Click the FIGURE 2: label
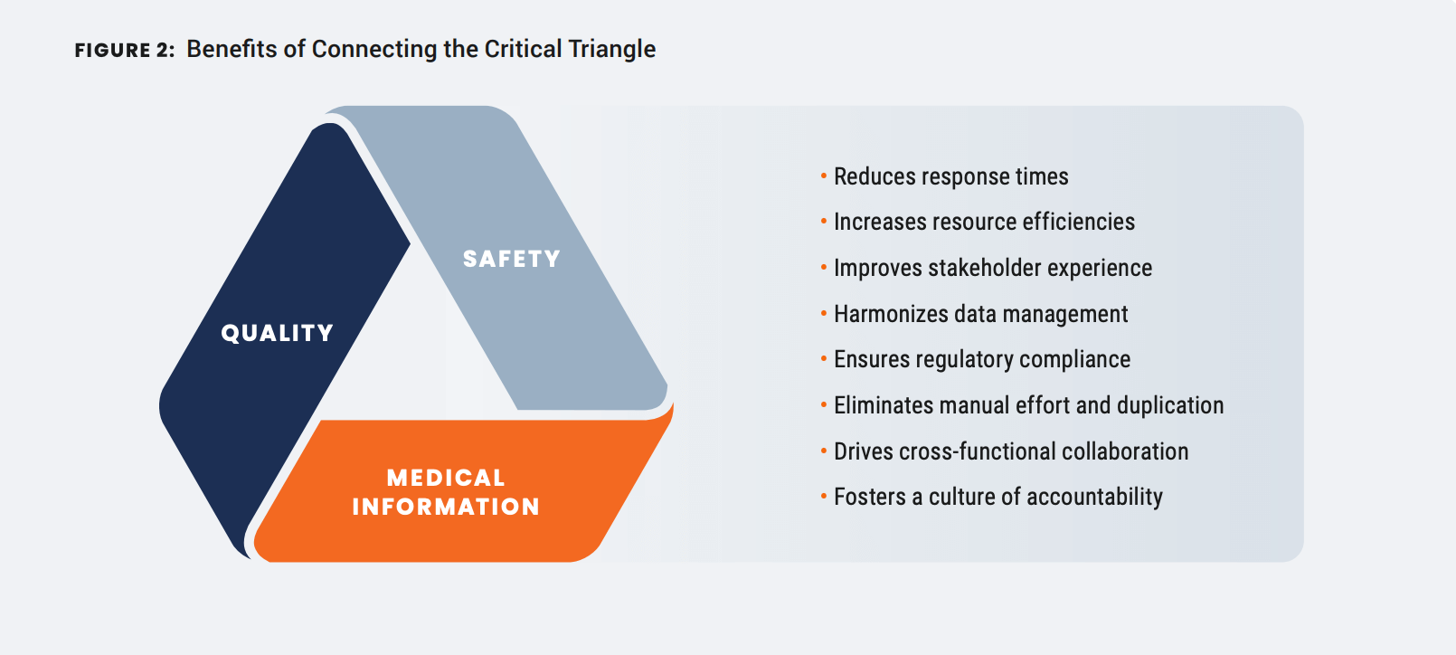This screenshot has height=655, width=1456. pos(125,50)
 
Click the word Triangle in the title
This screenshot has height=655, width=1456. pos(611,50)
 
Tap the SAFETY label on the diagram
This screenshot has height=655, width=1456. pos(512,259)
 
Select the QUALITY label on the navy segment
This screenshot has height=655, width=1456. pos(278,333)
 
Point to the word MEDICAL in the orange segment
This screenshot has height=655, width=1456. pos(446,478)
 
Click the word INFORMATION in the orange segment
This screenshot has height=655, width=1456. pos(446,507)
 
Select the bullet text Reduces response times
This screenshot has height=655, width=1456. pos(951,176)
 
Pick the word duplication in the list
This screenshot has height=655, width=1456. pos(1170,405)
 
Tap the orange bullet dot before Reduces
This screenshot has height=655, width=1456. pos(824,176)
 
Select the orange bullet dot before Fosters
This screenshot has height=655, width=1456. pos(824,497)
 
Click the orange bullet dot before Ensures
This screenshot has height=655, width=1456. pos(824,359)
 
